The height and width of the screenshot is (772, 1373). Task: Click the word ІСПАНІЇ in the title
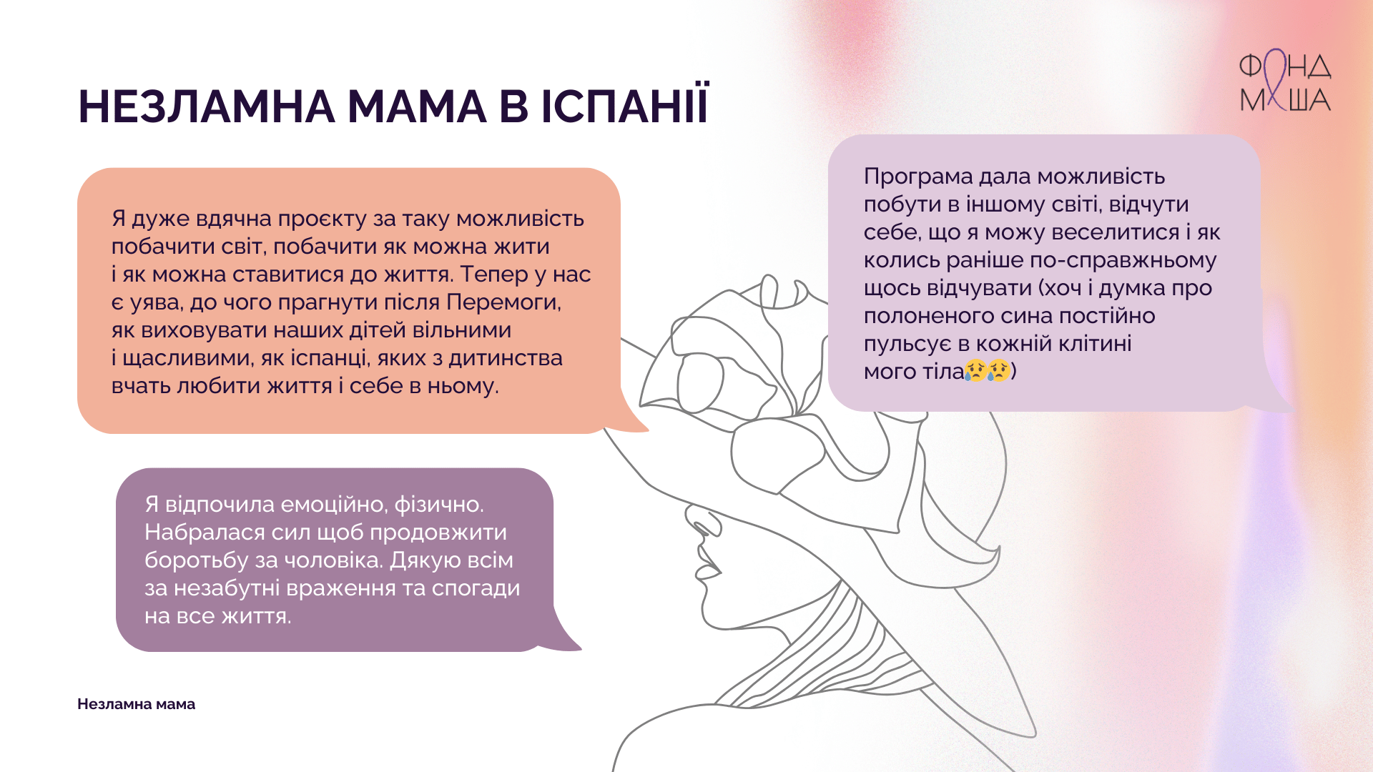624,106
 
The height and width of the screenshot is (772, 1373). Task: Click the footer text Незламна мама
136,704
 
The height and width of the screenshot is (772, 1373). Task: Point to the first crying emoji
975,370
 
